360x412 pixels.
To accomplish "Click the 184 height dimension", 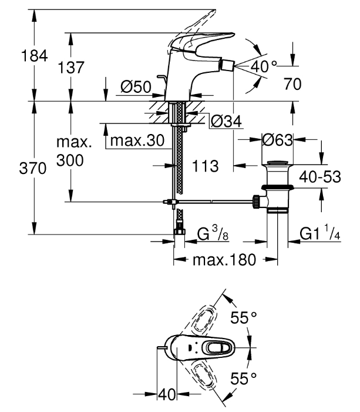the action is click(35, 56).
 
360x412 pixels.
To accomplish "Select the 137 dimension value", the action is click(71, 67).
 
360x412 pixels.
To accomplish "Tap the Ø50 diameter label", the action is click(136, 87).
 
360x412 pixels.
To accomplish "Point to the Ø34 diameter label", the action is click(226, 122).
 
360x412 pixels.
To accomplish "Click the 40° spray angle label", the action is click(263, 66).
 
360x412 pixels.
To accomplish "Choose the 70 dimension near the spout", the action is click(292, 84).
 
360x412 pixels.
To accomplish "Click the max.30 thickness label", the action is click(137, 140).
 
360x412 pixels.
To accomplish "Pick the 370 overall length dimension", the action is click(32, 168).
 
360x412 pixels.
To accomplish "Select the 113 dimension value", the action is click(205, 166).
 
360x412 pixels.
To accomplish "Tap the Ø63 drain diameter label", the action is click(278, 140).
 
